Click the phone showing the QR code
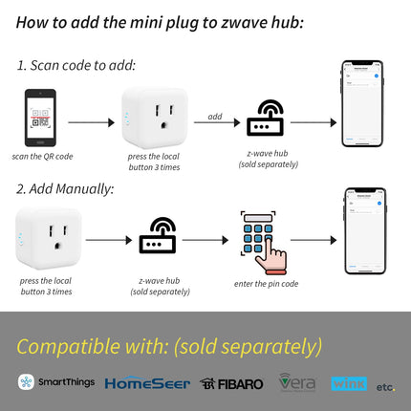(40, 118)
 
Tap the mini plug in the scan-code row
(153, 118)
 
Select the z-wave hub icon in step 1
(266, 119)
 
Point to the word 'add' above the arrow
(215, 116)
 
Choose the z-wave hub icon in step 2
(157, 236)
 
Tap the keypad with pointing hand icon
(261, 238)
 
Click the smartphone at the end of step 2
(364, 230)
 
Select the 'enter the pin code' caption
(266, 284)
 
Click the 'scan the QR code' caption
(41, 155)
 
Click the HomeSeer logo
(146, 382)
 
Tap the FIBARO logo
(232, 383)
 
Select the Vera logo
(297, 382)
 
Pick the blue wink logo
(349, 383)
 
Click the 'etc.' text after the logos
(384, 386)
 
